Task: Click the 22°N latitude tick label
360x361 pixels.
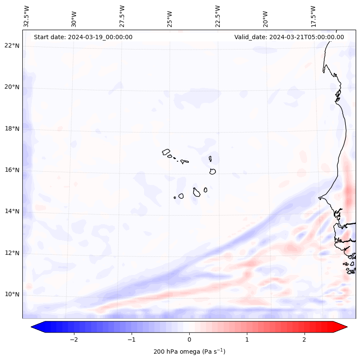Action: point(12,46)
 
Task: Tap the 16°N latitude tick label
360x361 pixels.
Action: point(12,170)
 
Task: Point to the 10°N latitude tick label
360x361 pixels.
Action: point(12,294)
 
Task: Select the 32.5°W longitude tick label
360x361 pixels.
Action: point(27,16)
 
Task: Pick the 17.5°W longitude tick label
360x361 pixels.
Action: point(313,16)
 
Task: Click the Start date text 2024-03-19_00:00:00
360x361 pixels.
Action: point(83,37)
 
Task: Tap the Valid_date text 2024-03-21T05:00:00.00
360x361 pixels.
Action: point(289,37)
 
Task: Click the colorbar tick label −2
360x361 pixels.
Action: point(74,339)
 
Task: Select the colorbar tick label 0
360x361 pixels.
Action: point(189,339)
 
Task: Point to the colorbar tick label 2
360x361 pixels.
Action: point(305,339)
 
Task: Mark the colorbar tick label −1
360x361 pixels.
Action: point(131,339)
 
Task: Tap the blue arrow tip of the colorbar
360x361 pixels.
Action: point(34,327)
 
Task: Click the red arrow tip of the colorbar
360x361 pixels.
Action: point(345,327)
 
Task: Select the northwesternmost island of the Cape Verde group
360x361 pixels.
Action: point(166,152)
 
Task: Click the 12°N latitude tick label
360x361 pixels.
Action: point(12,253)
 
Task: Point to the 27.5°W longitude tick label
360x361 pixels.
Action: point(122,16)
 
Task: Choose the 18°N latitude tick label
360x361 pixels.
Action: point(12,129)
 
